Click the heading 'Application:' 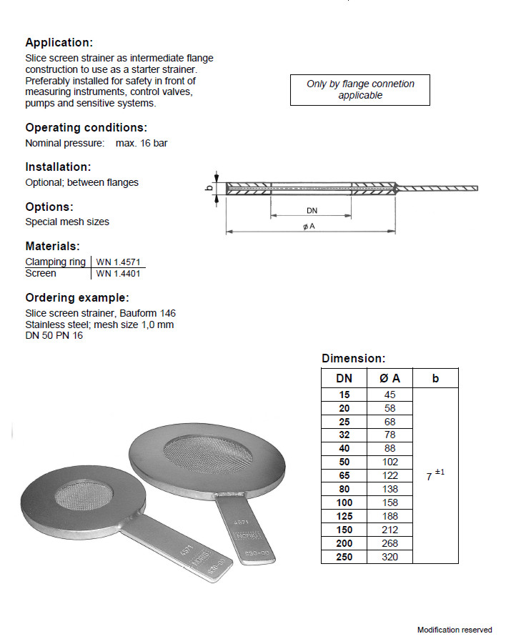tap(59, 43)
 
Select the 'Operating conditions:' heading tap(86, 128)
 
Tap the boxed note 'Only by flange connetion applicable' tap(360, 90)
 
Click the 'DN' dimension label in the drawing tap(312, 211)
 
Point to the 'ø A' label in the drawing tap(309, 227)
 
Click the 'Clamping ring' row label tap(56, 262)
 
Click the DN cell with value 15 tap(344, 395)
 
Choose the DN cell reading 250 tap(344, 557)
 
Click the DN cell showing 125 tap(344, 516)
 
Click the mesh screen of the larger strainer tap(207, 454)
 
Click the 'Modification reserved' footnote tap(455, 630)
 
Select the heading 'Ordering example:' tap(77, 298)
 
